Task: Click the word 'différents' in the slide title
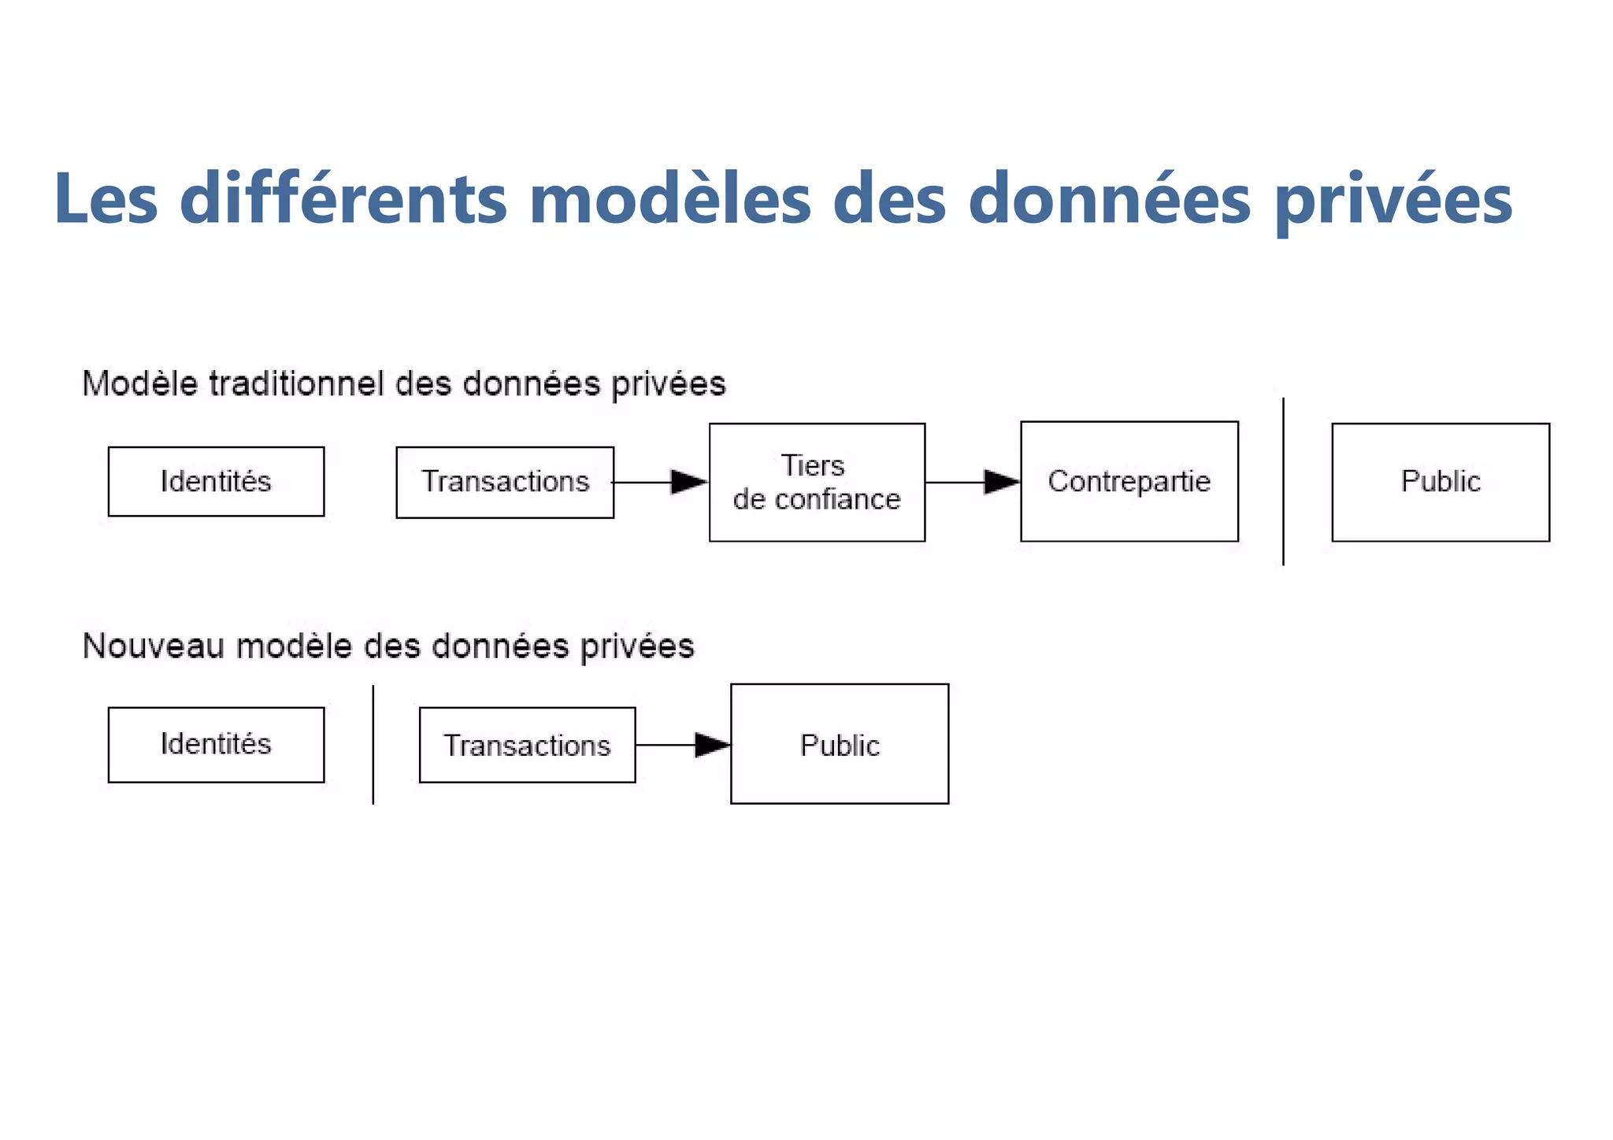343,198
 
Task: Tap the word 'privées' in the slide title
1392,200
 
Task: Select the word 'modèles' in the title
669,198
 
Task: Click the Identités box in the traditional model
216,482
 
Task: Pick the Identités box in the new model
216,745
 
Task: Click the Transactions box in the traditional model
505,482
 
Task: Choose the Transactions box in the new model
527,745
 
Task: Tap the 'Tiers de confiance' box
817,482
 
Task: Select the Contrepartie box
1129,482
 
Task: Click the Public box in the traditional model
1440,482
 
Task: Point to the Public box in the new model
840,744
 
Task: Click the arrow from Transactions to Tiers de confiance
662,482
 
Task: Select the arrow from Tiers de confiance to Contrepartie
973,482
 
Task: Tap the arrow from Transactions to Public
684,745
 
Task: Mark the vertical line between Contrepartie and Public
1283,482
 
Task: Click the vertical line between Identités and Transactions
373,745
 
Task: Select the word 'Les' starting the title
106,198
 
